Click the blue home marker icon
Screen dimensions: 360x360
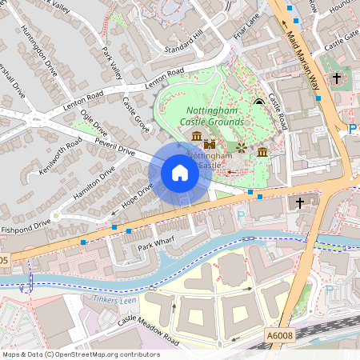(180, 173)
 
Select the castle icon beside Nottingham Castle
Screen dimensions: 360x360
(211, 144)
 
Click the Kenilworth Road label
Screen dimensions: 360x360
(61, 158)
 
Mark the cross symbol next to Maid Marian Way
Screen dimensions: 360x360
(337, 78)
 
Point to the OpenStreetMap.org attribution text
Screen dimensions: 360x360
(80, 354)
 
